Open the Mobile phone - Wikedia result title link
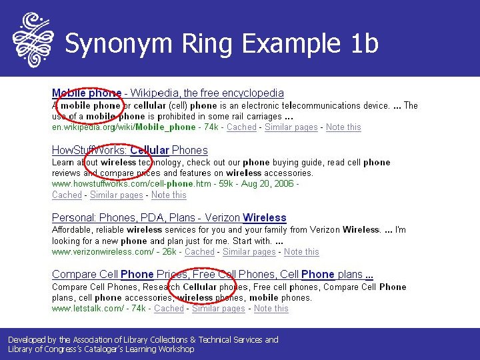coord(167,93)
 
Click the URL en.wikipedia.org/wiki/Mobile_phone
coord(124,127)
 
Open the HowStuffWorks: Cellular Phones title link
coord(129,150)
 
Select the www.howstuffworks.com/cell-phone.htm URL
coord(131,183)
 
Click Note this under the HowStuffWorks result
coord(169,195)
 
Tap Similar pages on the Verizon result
coord(249,251)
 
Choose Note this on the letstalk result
coord(271,308)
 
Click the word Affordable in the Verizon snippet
coord(73,229)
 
